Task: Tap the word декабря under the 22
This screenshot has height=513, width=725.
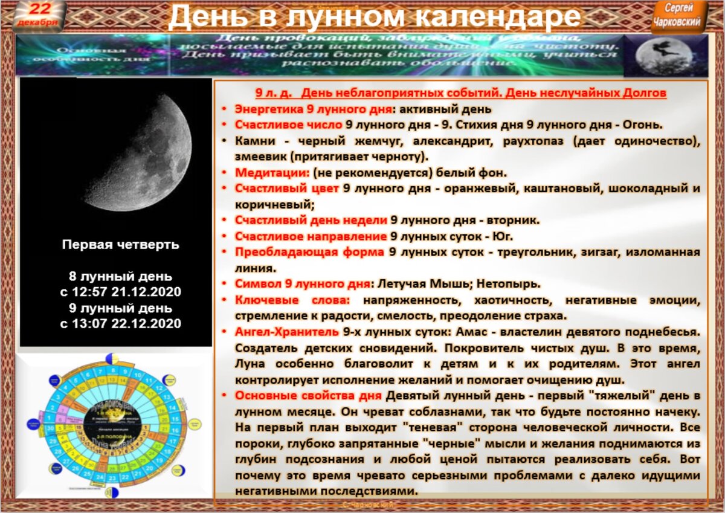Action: (38, 22)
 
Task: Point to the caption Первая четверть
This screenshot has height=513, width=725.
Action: (120, 245)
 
